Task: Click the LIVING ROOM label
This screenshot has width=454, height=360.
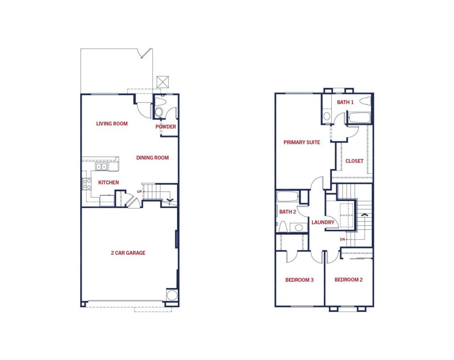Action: point(112,124)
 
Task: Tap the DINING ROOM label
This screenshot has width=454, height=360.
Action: point(152,158)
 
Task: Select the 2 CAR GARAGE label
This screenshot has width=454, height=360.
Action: point(128,253)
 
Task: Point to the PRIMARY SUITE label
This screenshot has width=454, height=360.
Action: point(302,142)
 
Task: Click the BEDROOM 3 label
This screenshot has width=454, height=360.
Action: point(299,280)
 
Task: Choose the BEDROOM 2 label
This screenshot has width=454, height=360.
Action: point(349,280)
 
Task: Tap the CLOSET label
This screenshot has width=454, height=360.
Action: point(354,161)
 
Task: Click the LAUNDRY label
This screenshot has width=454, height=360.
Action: point(323,222)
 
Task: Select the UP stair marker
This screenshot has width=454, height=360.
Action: point(139,192)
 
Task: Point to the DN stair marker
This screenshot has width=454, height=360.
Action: point(342,239)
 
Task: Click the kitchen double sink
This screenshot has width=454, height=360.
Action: point(101,167)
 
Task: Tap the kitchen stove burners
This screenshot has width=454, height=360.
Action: point(87,184)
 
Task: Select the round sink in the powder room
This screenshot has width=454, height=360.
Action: point(159,112)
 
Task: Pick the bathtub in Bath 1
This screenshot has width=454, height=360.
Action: point(360,118)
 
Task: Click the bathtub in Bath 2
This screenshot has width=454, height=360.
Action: point(287,196)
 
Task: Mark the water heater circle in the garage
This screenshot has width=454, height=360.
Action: point(172,295)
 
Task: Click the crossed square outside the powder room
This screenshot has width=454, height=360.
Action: point(163,82)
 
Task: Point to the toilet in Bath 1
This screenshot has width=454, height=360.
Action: point(365,101)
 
